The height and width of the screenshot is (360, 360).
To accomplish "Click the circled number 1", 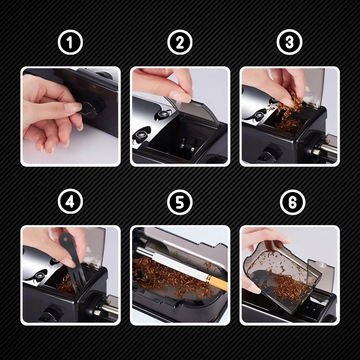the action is (70, 42).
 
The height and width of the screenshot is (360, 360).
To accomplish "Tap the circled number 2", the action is (180, 42).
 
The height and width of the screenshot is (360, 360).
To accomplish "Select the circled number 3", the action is (289, 42).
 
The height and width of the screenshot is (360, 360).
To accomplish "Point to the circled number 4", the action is (70, 201).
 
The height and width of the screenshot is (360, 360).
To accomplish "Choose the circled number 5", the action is (180, 202).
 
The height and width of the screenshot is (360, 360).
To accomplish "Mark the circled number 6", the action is (292, 202).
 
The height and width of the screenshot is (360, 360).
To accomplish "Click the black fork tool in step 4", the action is (71, 259).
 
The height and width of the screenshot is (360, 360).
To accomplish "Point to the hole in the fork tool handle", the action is (66, 239).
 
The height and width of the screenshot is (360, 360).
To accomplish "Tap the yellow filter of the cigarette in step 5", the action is (218, 282).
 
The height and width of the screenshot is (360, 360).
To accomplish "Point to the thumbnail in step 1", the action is (73, 107).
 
